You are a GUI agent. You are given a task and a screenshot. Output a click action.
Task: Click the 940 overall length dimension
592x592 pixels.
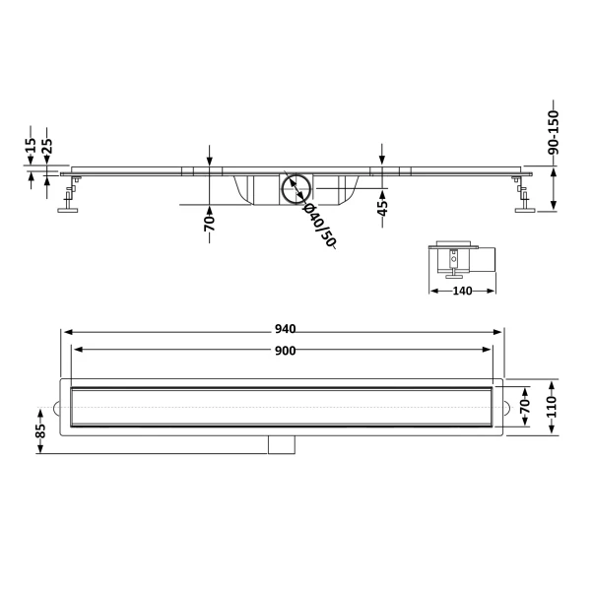pos(285,329)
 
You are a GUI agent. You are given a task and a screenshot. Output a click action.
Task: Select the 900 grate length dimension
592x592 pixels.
pos(285,351)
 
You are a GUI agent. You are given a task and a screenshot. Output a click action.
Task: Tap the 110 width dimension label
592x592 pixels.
pos(552,407)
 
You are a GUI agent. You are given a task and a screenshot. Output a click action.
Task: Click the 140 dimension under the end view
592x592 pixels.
pos(462,291)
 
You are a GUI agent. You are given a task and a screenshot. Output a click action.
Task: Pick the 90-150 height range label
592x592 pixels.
pos(554,132)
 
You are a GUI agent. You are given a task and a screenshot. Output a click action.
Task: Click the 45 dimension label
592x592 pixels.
pos(382,208)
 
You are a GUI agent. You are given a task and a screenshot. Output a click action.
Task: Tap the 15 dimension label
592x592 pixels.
pos(31,145)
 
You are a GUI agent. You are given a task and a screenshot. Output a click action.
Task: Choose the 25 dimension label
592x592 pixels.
pos(47,146)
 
